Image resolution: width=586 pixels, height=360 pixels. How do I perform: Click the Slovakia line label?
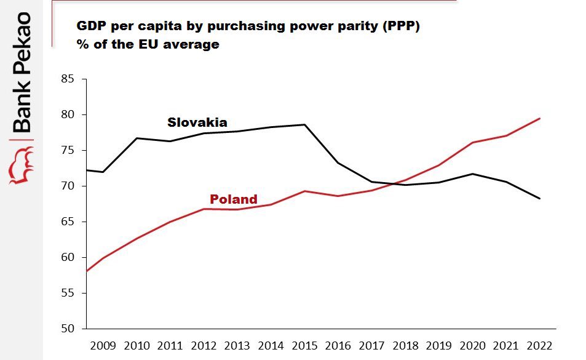point(197,122)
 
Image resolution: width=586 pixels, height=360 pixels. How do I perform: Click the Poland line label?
point(233,199)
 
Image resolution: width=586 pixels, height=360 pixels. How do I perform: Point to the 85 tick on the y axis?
point(67,79)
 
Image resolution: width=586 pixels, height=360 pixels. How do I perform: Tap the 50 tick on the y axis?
point(67,329)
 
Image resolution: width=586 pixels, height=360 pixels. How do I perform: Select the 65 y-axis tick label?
point(67,222)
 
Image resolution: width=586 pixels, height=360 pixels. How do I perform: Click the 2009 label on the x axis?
point(103,345)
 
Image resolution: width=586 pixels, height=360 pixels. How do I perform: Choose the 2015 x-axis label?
point(304,345)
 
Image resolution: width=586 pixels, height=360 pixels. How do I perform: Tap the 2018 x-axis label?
point(405,345)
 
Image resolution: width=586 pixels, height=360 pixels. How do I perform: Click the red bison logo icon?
point(21,166)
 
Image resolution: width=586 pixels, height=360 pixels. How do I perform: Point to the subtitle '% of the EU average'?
point(148,44)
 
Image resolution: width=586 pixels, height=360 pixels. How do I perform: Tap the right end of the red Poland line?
point(540,118)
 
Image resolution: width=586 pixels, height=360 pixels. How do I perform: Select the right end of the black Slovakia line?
point(540,198)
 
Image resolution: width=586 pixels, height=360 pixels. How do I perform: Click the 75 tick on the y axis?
point(67,150)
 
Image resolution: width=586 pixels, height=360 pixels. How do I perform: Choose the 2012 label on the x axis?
point(204,345)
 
